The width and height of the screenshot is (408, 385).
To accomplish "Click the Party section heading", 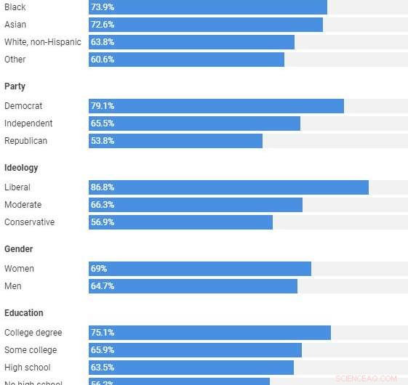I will pyautogui.click(x=15, y=86).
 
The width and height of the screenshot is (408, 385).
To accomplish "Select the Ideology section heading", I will pyautogui.click(x=21, y=168).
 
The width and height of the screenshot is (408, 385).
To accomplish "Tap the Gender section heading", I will pyautogui.click(x=19, y=249).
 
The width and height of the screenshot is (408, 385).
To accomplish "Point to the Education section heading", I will pyautogui.click(x=24, y=313).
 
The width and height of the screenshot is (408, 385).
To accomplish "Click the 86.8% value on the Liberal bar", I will pyautogui.click(x=103, y=187).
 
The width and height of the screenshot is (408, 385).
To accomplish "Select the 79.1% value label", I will pyautogui.click(x=103, y=106).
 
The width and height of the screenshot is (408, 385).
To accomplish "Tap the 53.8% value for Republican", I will pyautogui.click(x=103, y=141).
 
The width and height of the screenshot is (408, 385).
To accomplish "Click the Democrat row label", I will pyautogui.click(x=23, y=106).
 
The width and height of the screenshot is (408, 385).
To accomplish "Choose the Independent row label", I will pyautogui.click(x=28, y=123).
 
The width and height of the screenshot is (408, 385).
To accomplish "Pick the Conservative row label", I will pyautogui.click(x=29, y=222).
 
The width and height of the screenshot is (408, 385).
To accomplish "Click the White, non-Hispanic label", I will pyautogui.click(x=43, y=42).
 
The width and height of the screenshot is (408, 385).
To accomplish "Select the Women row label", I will pyautogui.click(x=19, y=269).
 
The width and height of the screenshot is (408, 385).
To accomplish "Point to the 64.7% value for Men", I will pyautogui.click(x=103, y=286).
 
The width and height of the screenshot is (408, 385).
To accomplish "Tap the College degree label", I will pyautogui.click(x=33, y=333).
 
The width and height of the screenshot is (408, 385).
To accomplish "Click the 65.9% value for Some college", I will pyautogui.click(x=103, y=350).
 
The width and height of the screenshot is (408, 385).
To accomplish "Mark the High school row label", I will pyautogui.click(x=28, y=368).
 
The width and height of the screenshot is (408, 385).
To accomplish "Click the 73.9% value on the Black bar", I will pyautogui.click(x=103, y=7).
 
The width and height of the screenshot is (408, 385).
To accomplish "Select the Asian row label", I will pyautogui.click(x=15, y=25).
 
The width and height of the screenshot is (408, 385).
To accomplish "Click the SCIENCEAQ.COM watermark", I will pyautogui.click(x=367, y=378).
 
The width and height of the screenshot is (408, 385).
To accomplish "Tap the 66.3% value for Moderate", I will pyautogui.click(x=103, y=205).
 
